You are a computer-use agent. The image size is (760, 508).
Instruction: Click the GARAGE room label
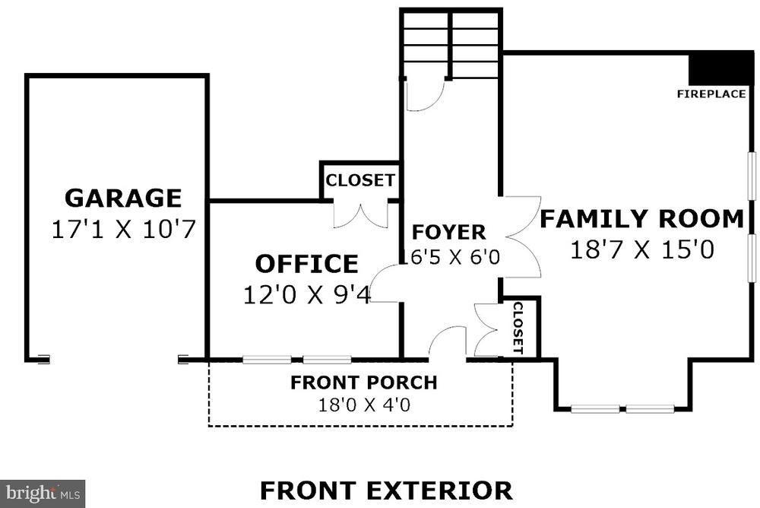(x=123, y=198)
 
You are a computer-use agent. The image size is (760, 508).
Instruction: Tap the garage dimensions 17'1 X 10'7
(x=123, y=229)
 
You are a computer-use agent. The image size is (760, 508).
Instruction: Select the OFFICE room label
(x=307, y=264)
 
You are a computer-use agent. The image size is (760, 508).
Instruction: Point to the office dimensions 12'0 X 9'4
(x=307, y=294)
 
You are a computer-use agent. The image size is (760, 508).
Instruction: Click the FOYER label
(x=449, y=232)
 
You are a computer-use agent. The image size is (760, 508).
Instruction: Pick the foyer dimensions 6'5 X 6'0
(x=454, y=257)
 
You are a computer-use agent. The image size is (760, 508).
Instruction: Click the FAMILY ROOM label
(x=641, y=219)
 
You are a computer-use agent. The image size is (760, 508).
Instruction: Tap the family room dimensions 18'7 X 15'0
(x=642, y=250)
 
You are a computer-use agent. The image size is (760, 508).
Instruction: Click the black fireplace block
(x=721, y=68)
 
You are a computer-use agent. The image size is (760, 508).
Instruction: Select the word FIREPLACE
(x=711, y=94)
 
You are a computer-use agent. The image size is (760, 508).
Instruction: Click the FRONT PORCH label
(x=364, y=383)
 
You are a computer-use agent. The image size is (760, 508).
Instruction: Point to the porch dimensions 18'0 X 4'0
(x=364, y=404)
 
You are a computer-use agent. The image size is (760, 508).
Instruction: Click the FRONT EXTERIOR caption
(x=386, y=490)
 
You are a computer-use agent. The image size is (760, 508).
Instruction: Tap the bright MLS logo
(x=43, y=494)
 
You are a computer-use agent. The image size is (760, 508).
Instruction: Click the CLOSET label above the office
(x=360, y=180)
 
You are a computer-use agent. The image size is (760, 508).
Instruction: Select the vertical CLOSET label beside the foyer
(x=518, y=329)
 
